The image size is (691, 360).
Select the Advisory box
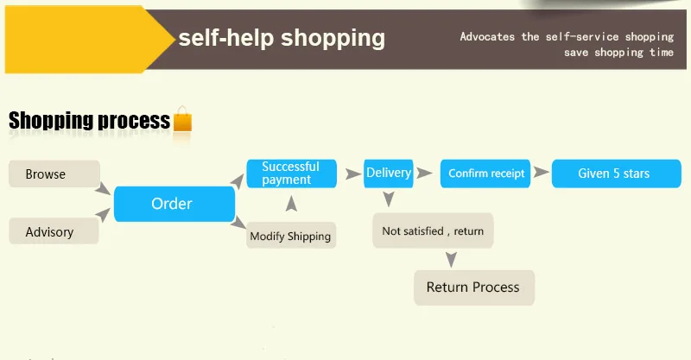(50, 231)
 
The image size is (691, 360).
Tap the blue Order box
(173, 204)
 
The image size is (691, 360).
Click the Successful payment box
(291, 174)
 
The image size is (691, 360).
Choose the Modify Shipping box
(290, 236)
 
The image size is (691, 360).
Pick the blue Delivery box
(389, 174)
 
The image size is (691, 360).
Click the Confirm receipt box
(485, 174)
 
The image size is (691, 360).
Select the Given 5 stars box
(613, 174)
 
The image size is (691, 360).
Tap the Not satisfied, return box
(433, 231)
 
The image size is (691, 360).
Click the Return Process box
(473, 287)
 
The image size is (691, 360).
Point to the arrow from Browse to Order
(104, 187)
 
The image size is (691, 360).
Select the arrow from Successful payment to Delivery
(352, 174)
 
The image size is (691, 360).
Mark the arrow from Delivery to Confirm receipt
(424, 174)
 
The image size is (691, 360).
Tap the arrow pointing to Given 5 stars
(541, 174)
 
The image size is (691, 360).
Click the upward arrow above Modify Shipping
(291, 204)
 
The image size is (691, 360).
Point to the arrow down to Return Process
(450, 258)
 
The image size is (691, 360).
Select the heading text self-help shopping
(282, 38)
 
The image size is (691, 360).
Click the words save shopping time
(618, 53)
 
